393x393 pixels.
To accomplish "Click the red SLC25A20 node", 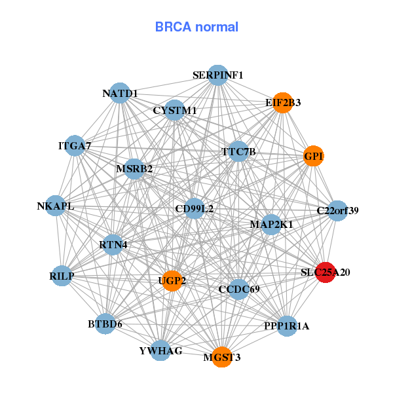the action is [x=326, y=272].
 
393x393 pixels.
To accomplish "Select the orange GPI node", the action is [x=314, y=156].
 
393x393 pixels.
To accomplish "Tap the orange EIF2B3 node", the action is [x=283, y=103].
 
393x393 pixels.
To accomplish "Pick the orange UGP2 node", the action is [x=172, y=281].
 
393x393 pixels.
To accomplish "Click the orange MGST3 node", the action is [x=222, y=357].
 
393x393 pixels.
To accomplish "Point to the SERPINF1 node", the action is [x=218, y=75].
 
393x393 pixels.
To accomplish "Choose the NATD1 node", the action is [x=120, y=93].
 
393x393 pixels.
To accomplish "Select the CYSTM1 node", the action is [x=175, y=110].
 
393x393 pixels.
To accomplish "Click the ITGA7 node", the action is [x=75, y=145].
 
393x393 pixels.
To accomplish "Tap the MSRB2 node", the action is [x=134, y=169].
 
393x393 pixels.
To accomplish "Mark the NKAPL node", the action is [x=56, y=206].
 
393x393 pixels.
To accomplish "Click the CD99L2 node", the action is [x=195, y=208].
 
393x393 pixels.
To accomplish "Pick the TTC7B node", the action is [x=238, y=151].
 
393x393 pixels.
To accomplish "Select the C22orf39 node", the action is [x=337, y=211].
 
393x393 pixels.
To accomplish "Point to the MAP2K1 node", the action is [x=271, y=225].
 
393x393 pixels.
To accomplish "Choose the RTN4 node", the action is [x=113, y=245].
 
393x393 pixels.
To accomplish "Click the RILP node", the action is [x=62, y=276].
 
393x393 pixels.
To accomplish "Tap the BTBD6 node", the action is [x=105, y=324].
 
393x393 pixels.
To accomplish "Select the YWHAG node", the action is [x=160, y=350].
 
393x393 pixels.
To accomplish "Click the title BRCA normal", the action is [x=196, y=27].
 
